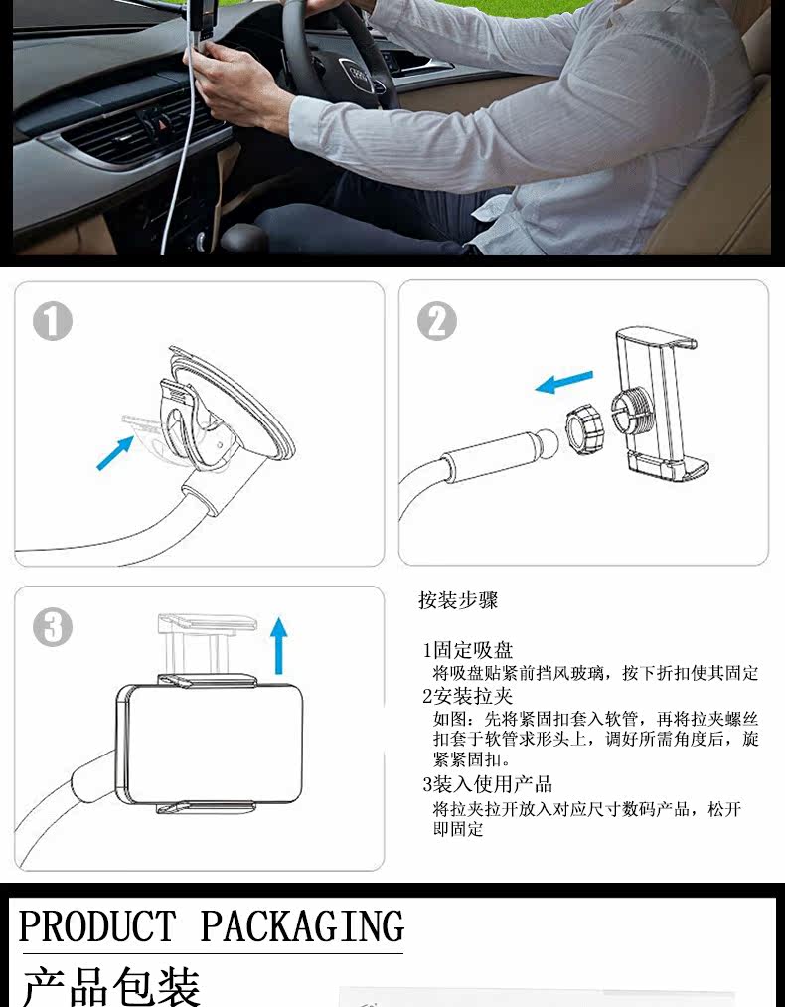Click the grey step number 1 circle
(52, 321)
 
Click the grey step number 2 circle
(437, 321)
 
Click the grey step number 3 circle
(52, 627)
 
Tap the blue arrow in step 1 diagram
(115, 452)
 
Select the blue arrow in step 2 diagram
(564, 382)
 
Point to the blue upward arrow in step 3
(278, 645)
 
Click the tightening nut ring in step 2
(586, 427)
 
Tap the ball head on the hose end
(547, 440)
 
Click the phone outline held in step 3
(210, 745)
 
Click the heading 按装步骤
(458, 600)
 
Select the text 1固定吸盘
(467, 650)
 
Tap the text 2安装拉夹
(467, 696)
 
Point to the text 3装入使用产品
(487, 784)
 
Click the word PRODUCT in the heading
(97, 926)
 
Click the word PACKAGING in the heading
(302, 926)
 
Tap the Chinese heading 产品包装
(111, 985)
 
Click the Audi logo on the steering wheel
(358, 73)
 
